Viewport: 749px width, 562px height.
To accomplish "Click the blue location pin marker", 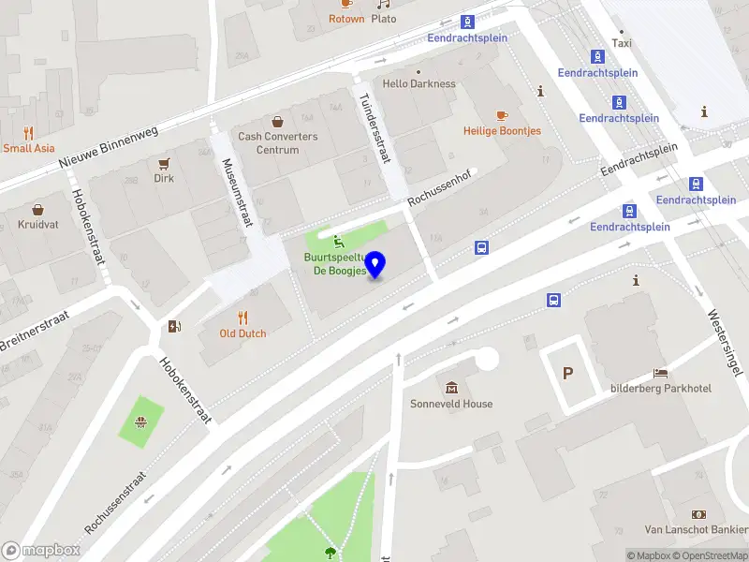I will (375, 265).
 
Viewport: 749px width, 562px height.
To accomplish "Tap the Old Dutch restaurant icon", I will (242, 317).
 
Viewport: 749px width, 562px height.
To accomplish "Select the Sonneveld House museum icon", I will (452, 388).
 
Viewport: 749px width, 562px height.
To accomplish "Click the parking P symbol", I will (567, 373).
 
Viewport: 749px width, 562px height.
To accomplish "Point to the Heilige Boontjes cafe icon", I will (502, 115).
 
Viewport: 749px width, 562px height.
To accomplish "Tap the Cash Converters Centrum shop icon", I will (277, 121).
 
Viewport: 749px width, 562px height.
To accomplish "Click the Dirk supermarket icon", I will (164, 162).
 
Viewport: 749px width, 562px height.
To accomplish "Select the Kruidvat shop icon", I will (37, 209).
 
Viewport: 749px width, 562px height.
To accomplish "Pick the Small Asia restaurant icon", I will (28, 132).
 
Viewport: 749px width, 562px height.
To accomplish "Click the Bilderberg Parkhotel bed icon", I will (661, 373).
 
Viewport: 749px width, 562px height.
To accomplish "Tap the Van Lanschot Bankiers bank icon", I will (698, 514).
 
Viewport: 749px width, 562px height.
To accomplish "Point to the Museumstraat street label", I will (238, 192).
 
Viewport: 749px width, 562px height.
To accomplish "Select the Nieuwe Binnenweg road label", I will (109, 149).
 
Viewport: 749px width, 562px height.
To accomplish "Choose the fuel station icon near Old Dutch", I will (173, 326).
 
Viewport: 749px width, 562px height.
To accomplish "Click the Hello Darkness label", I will (419, 83).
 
